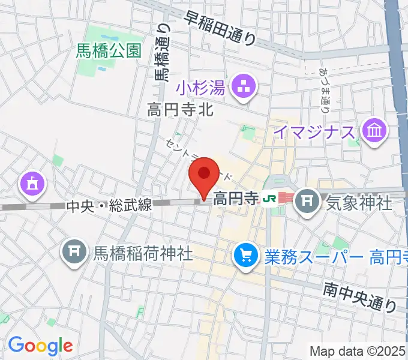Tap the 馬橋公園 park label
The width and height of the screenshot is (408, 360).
[x=109, y=51]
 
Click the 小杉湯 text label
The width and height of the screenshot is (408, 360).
[x=202, y=89]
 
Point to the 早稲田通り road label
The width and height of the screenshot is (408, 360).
[x=220, y=28]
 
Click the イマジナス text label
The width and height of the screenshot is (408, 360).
[x=314, y=132]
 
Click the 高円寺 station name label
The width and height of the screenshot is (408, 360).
[x=235, y=197]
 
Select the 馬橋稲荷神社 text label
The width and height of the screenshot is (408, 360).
[x=142, y=253]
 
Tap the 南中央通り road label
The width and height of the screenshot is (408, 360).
[x=359, y=297]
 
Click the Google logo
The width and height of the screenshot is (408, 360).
[x=40, y=345]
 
